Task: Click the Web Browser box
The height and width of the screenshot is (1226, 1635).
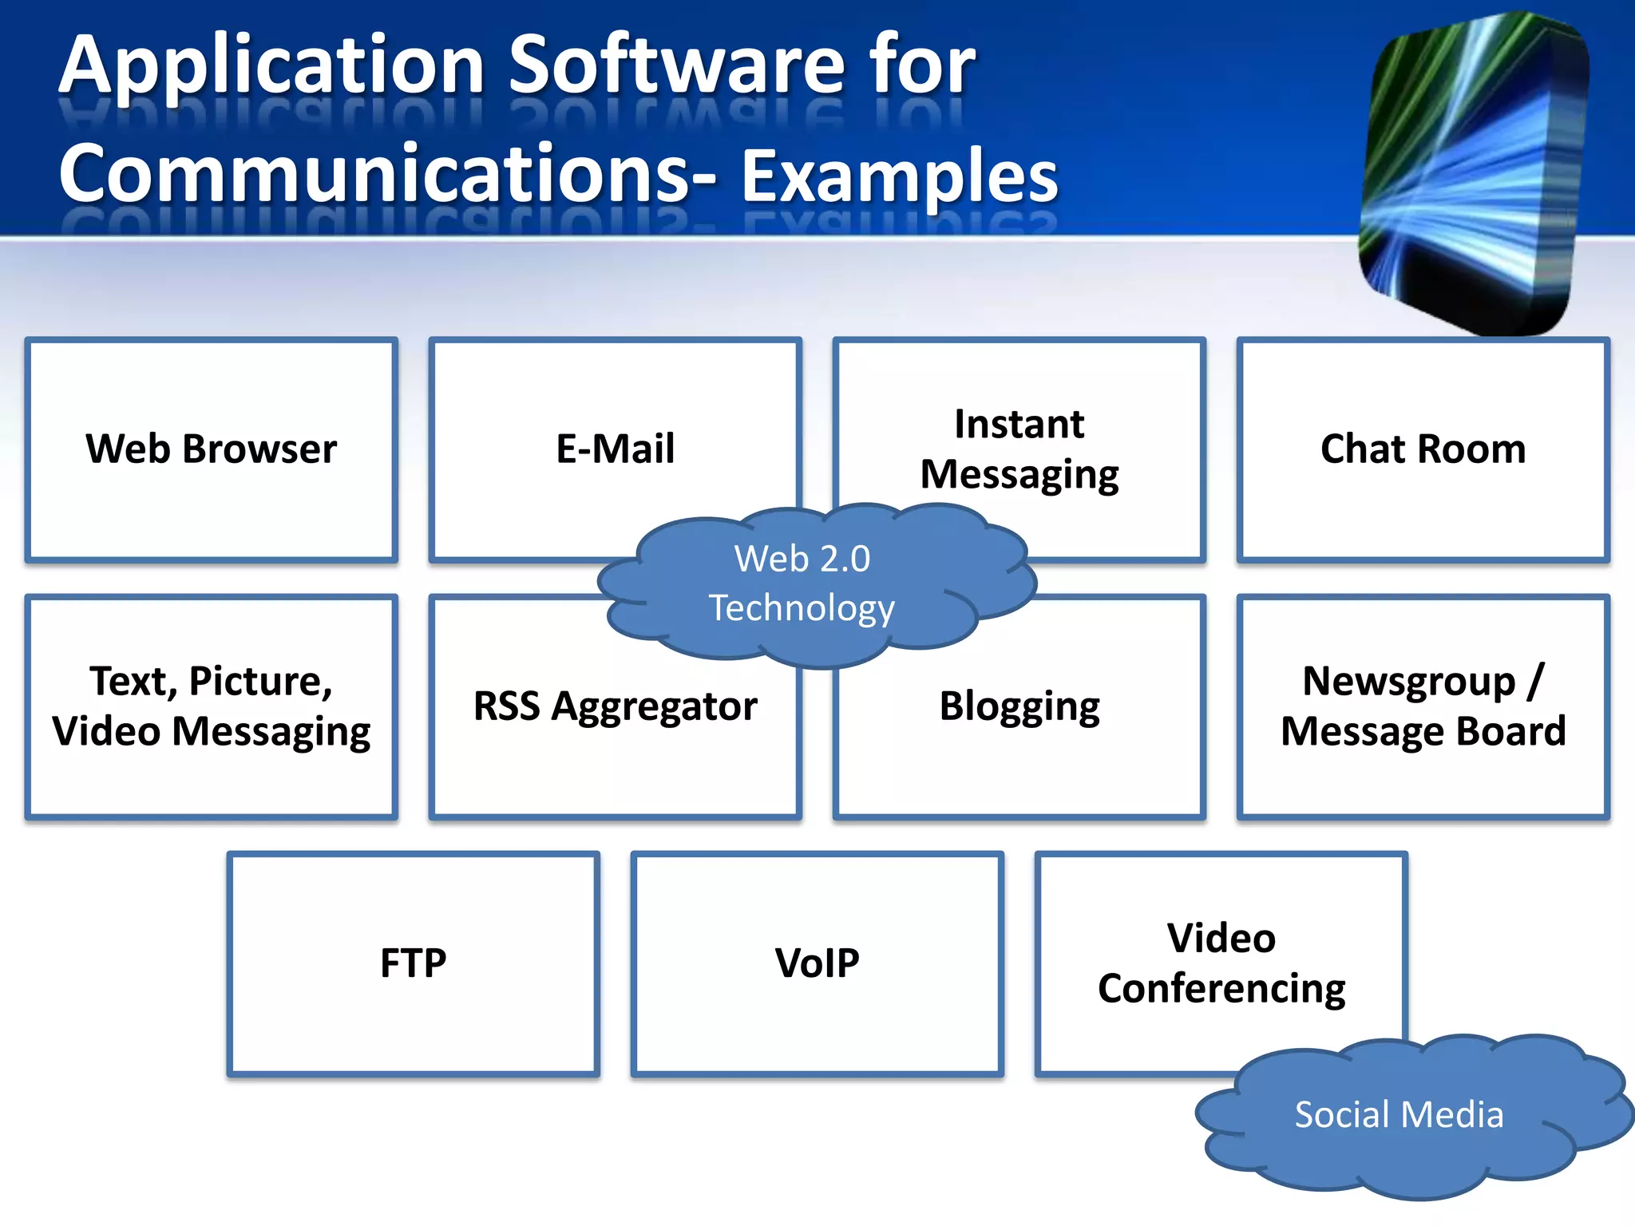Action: [x=212, y=449]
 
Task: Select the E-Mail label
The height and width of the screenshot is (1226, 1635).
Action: [x=615, y=449]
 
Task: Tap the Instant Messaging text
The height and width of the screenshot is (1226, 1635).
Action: [x=1019, y=449]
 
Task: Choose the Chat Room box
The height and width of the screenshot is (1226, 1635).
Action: [x=1423, y=449]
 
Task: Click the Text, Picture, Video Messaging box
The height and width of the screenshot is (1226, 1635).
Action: [x=212, y=706]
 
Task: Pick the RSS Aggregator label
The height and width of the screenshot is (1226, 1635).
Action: [x=615, y=706]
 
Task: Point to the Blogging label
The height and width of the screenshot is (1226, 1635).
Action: [x=1019, y=706]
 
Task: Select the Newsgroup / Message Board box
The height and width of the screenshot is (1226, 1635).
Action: [x=1423, y=706]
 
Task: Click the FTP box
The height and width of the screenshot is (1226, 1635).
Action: [x=413, y=963]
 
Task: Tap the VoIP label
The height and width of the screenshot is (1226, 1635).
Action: [x=817, y=963]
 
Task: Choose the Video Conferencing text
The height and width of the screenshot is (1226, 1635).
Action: [x=1221, y=963]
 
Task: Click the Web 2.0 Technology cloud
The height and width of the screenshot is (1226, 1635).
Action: [x=802, y=583]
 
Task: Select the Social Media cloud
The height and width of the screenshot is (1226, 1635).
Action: [x=1399, y=1115]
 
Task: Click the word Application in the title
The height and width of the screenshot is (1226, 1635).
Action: [x=271, y=68]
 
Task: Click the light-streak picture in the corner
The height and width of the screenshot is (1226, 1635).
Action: [x=1473, y=172]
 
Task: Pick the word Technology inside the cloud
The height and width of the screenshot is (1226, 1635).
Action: [x=802, y=609]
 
